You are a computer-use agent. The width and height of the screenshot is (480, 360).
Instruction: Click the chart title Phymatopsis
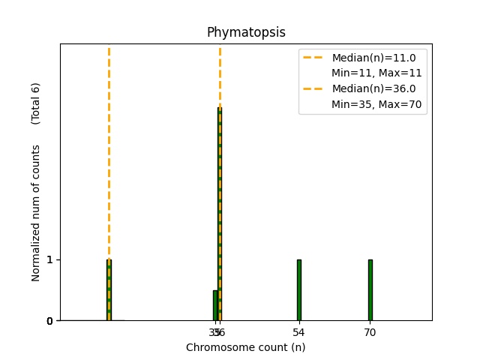tap(246, 32)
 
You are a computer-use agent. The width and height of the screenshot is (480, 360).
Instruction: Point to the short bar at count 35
tap(214, 305)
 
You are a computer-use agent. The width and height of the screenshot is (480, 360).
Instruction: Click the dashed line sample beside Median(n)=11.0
tap(313, 58)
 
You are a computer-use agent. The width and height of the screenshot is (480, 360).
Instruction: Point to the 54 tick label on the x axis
tap(298, 332)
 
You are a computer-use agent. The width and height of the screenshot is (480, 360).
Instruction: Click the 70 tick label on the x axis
tap(370, 332)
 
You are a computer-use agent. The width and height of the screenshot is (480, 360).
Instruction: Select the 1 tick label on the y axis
tap(49, 259)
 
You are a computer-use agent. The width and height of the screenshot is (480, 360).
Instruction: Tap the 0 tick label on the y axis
tap(49, 321)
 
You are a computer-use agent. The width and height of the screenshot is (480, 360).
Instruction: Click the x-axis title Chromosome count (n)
tap(246, 347)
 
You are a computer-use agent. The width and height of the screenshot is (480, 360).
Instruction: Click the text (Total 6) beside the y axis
tap(36, 103)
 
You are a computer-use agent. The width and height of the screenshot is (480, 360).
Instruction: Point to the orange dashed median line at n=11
tap(109, 150)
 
